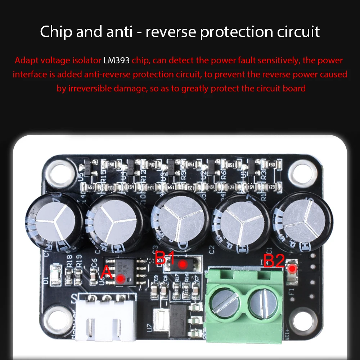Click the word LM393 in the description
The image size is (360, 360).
point(116,60)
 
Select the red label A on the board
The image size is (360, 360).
point(107,273)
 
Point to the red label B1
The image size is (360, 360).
point(165,258)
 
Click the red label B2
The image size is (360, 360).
point(274,261)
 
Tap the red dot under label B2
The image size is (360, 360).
point(293,268)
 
